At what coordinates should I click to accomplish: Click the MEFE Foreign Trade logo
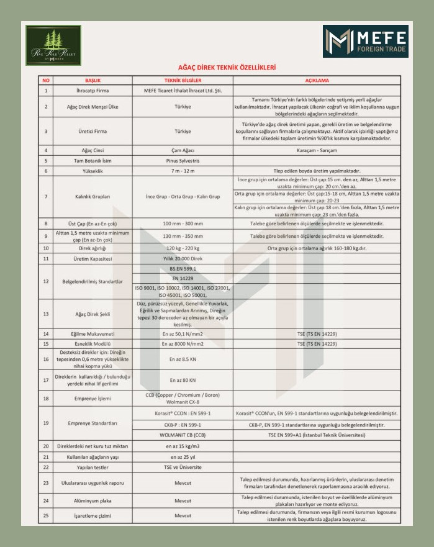365,42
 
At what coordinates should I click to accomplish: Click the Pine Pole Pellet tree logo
53,45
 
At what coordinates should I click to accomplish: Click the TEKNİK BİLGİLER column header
183,80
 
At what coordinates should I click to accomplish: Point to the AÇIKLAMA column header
317,80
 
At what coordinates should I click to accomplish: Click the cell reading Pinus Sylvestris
183,160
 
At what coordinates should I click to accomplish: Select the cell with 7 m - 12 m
183,170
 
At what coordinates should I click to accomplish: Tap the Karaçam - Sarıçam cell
317,150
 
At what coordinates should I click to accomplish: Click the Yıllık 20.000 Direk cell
183,258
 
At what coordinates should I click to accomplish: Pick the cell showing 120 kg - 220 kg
183,248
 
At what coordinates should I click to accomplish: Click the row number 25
45,515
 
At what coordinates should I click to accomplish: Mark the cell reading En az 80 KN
183,380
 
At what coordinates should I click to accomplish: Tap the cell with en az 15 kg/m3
183,446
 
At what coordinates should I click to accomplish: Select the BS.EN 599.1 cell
183,268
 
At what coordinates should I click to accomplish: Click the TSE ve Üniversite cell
183,467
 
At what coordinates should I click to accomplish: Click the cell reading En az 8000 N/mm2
183,343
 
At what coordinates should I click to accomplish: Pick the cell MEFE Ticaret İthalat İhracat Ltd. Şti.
183,91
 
